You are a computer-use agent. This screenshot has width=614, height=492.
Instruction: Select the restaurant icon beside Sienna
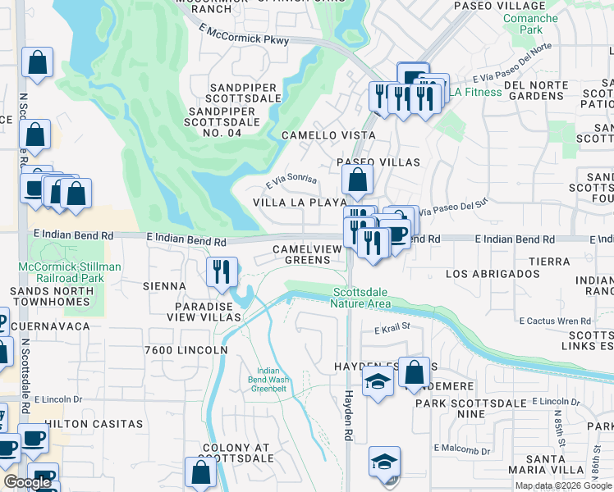pos(221,272)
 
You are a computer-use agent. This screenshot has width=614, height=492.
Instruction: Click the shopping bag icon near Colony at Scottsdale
pos(201,473)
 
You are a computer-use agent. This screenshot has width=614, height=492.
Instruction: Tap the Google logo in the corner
pos(26,482)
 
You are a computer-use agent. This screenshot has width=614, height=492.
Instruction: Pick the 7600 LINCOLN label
pos(186,350)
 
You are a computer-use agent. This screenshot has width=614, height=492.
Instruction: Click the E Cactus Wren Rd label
pos(554,321)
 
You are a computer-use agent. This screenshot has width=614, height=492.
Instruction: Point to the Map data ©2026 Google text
pos(562,485)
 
